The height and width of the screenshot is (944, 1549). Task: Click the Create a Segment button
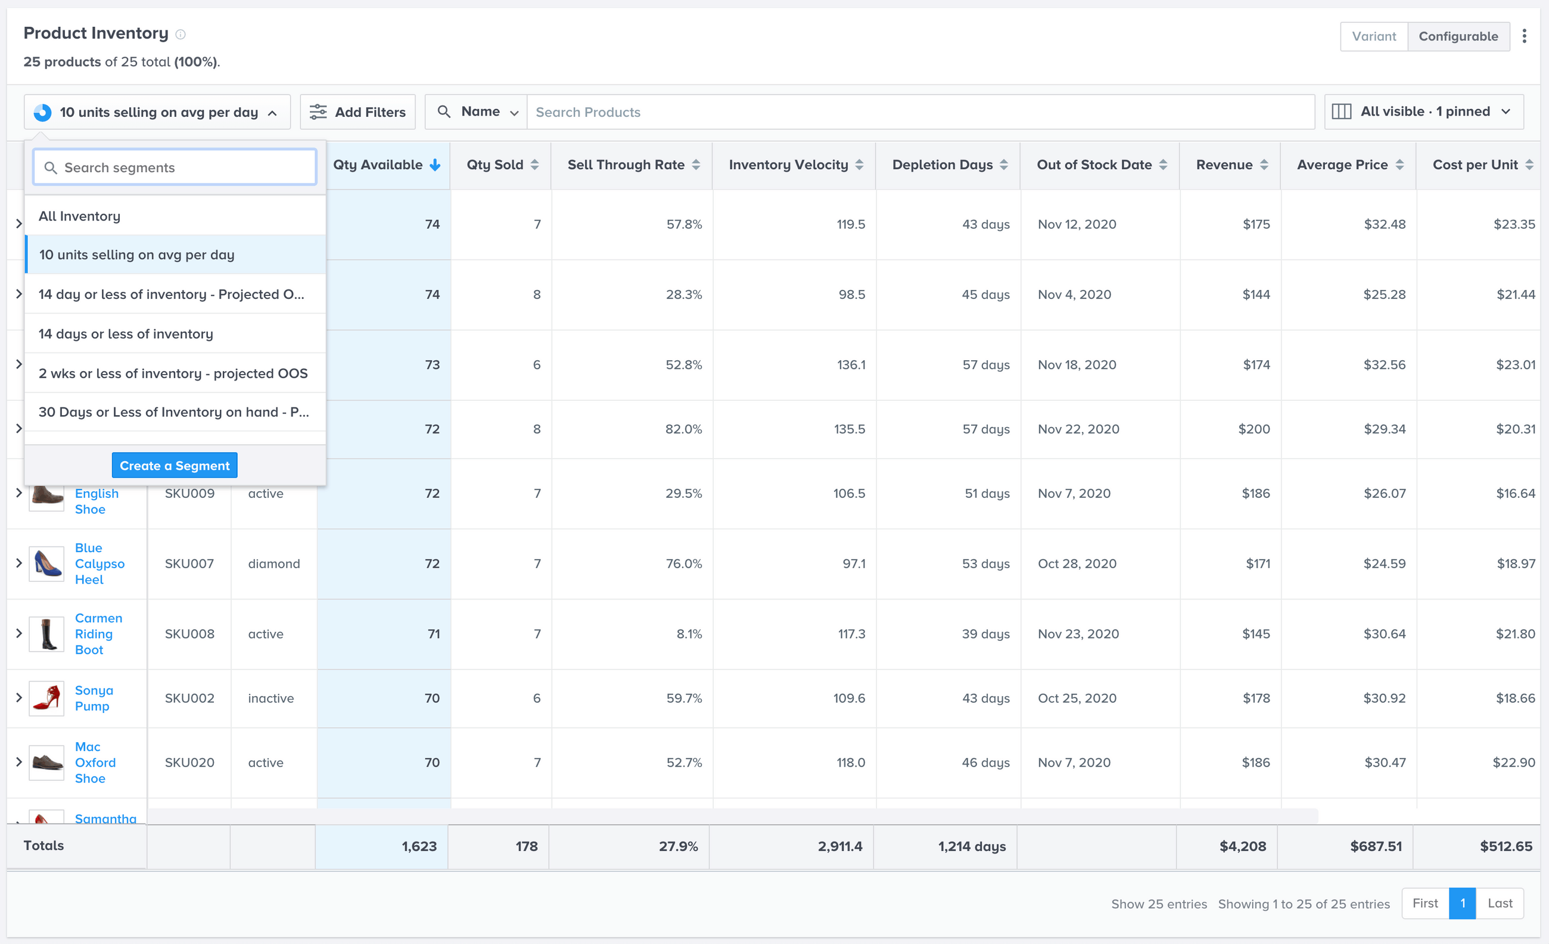[174, 465]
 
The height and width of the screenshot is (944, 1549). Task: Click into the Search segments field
[175, 167]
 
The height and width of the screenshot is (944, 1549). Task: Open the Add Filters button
[357, 112]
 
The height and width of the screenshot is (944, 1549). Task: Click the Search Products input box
[920, 112]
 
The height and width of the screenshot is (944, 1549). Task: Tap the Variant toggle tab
[1374, 36]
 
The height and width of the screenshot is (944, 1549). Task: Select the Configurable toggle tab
[1458, 36]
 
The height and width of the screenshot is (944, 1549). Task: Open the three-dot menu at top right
[1524, 36]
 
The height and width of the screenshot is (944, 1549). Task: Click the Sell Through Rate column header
[626, 164]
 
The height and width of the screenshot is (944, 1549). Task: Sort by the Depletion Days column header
[943, 164]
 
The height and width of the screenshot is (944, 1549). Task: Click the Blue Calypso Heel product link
[99, 563]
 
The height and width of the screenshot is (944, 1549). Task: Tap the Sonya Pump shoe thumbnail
[46, 698]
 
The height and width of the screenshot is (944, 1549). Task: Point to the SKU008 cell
[189, 634]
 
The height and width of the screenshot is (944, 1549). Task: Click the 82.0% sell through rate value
[683, 429]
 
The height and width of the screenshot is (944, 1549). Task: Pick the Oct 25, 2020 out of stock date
[1077, 698]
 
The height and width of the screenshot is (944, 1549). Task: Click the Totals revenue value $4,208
[1242, 846]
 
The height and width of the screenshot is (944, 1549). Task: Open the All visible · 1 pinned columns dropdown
[1423, 112]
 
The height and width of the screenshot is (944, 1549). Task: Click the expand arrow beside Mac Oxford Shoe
[19, 762]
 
